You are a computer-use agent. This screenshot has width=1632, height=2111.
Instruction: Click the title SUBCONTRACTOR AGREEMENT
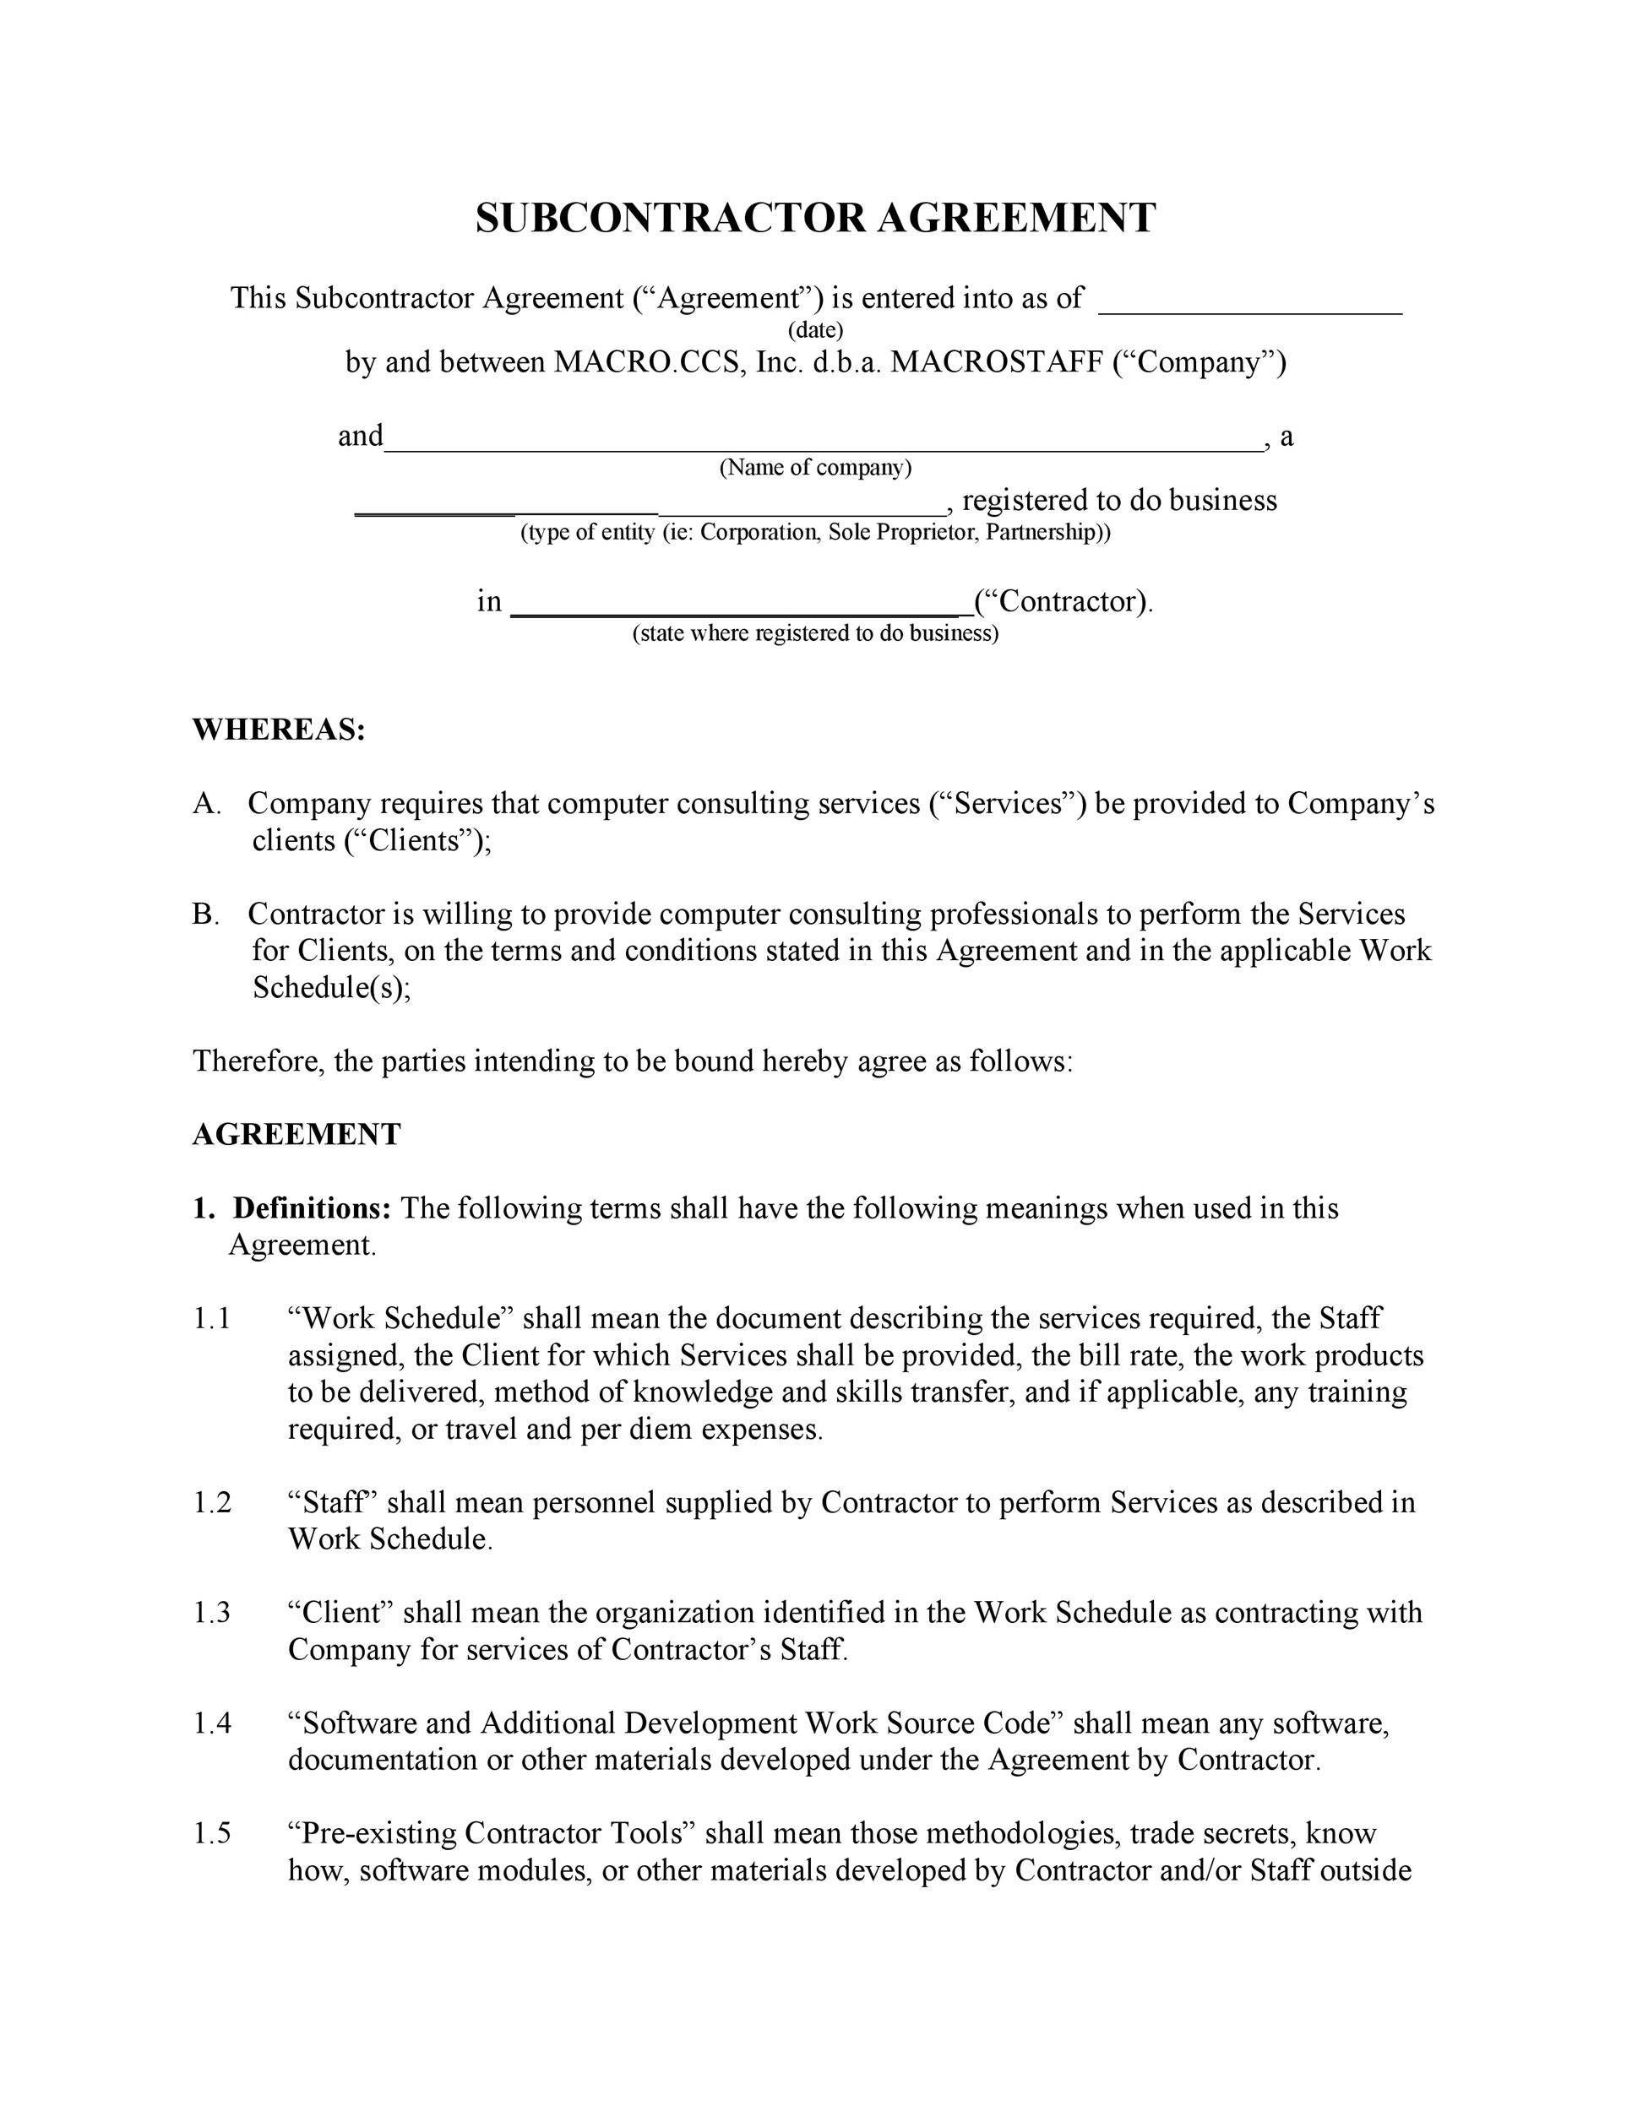click(815, 219)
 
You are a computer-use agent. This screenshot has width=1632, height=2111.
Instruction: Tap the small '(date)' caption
click(815, 330)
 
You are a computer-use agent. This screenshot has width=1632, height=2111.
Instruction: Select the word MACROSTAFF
click(996, 362)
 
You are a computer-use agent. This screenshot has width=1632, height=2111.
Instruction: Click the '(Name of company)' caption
click(815, 468)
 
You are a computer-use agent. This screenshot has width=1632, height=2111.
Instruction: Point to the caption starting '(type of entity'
click(815, 533)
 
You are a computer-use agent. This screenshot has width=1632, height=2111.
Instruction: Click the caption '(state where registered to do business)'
click(815, 633)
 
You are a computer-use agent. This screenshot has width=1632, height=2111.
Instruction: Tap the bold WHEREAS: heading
click(279, 730)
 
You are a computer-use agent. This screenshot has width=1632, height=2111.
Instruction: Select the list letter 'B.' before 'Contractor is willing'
click(205, 914)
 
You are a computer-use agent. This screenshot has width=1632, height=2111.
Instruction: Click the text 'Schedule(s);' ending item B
click(330, 988)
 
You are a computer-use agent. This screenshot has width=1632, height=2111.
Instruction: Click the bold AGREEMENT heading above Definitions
click(296, 1134)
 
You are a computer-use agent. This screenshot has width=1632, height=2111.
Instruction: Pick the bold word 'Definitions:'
click(312, 1208)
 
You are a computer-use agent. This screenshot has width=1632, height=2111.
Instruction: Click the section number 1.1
click(212, 1318)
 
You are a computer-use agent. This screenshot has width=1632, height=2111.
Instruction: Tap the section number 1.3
click(212, 1612)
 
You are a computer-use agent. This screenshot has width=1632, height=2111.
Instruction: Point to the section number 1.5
click(212, 1832)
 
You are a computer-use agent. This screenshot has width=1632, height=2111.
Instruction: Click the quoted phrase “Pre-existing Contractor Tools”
click(492, 1832)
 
